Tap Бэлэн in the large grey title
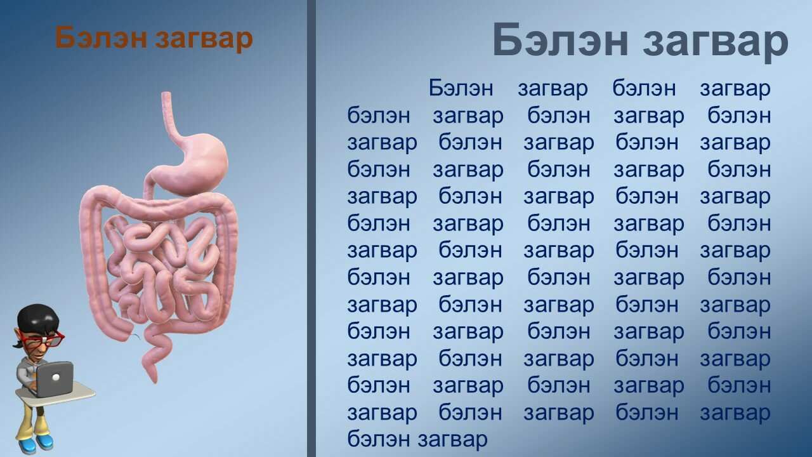[560, 40]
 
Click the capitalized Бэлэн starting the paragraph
[461, 88]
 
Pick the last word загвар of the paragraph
[452, 440]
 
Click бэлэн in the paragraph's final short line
[379, 439]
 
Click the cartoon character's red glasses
[44, 340]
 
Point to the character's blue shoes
[36, 442]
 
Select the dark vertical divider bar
[311, 228]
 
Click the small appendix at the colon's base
[135, 336]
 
